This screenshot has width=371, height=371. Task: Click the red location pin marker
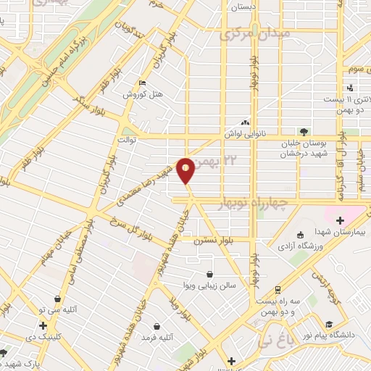pyautogui.click(x=186, y=170)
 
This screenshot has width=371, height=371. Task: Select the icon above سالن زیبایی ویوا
pyautogui.click(x=210, y=274)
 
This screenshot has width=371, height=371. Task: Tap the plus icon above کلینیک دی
pyautogui.click(x=43, y=325)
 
